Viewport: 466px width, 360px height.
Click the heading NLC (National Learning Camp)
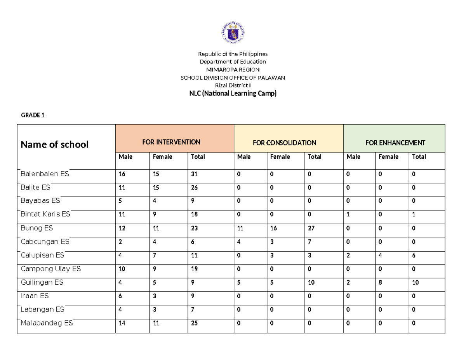(233, 94)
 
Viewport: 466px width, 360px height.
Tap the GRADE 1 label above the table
(33, 115)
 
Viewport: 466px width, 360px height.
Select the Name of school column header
(54, 145)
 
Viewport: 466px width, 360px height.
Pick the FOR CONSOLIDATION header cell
(284, 143)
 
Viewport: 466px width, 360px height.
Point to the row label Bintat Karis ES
(45, 214)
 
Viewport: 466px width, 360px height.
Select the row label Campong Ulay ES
(50, 269)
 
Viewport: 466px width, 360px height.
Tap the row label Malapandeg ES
(46, 323)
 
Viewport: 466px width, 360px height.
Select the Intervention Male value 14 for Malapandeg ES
(122, 323)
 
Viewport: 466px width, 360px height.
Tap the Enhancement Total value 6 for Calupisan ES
(414, 256)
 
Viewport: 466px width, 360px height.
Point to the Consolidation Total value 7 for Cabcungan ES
(310, 242)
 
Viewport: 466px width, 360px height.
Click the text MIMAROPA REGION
(233, 70)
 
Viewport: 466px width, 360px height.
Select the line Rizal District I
(233, 85)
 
